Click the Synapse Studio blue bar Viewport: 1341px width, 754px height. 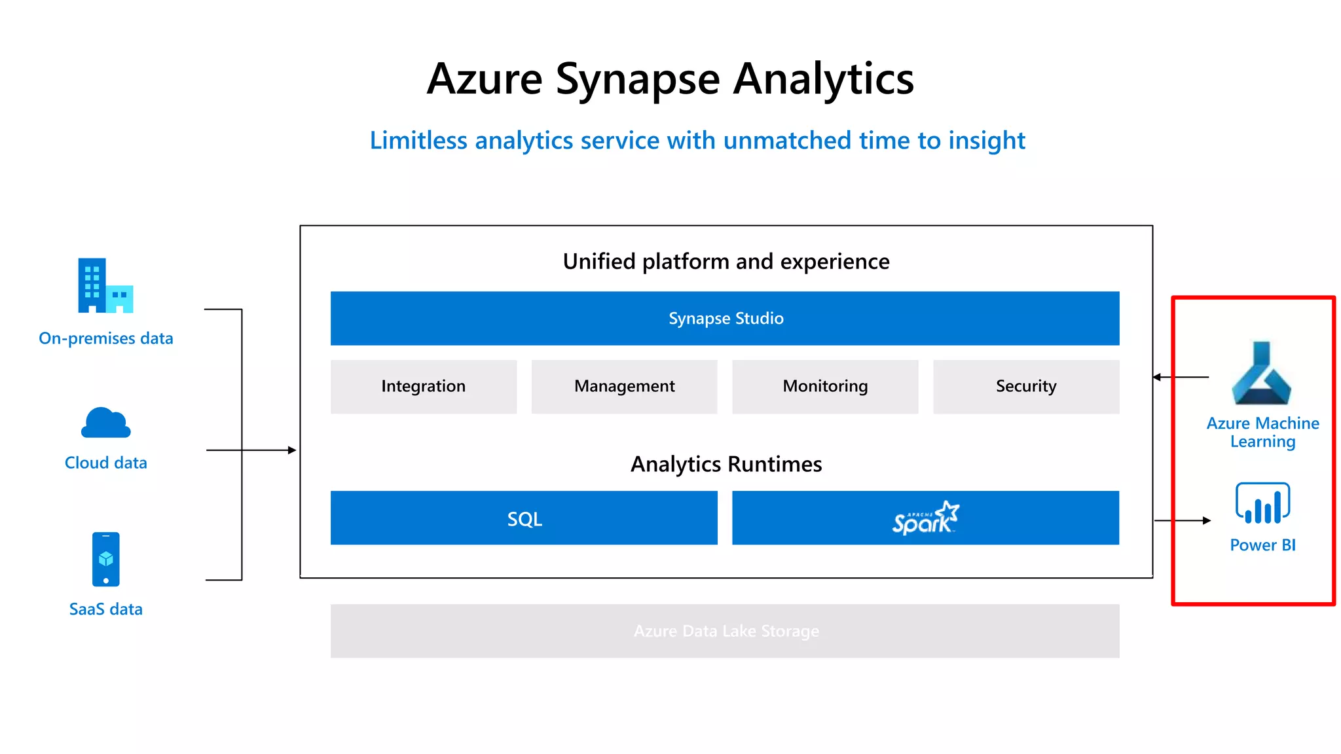click(x=725, y=319)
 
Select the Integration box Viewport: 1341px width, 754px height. click(x=424, y=387)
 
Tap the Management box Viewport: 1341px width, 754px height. click(x=624, y=387)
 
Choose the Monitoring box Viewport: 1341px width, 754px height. click(x=825, y=387)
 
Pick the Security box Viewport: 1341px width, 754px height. click(x=1026, y=387)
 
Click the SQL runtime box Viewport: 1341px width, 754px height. click(x=524, y=518)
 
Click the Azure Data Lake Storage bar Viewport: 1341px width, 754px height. click(x=725, y=631)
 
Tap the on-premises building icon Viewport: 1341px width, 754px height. click(x=105, y=286)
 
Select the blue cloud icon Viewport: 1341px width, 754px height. click(x=105, y=423)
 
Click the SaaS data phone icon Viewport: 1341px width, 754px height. click(x=106, y=560)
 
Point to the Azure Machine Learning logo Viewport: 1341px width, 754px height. click(x=1261, y=374)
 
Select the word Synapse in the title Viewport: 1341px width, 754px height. click(x=638, y=79)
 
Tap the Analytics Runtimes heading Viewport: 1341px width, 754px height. click(x=726, y=464)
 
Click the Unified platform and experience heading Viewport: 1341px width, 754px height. click(x=726, y=262)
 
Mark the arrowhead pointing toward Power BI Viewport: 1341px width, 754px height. click(x=1207, y=520)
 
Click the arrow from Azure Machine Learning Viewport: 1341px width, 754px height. click(x=1182, y=377)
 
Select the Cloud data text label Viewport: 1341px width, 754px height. click(x=105, y=463)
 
